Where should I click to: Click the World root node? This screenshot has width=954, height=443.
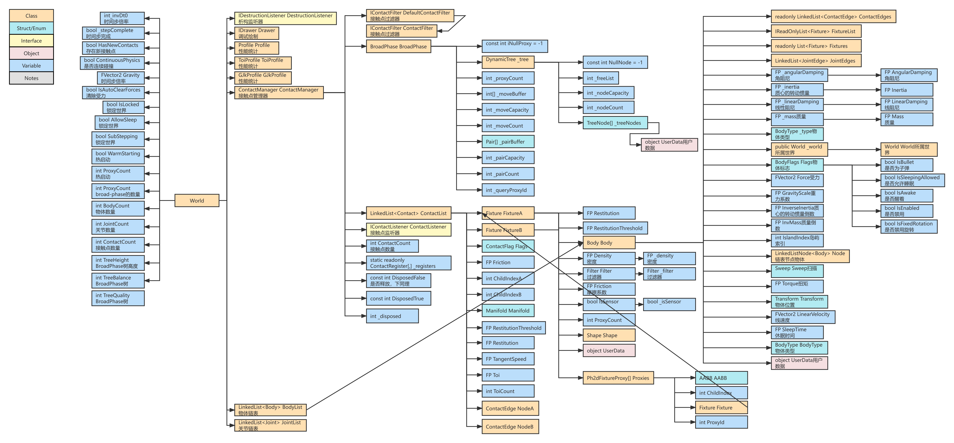point(197,201)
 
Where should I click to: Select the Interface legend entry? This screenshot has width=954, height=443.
point(31,41)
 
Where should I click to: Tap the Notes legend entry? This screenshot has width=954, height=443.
point(31,78)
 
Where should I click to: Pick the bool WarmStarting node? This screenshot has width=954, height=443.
point(118,156)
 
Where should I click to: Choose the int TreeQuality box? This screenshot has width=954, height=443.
point(118,298)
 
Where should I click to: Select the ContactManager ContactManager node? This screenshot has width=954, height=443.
point(278,93)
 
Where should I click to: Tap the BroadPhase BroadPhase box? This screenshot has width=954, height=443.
point(398,47)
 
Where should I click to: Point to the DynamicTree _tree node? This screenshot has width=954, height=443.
point(507,62)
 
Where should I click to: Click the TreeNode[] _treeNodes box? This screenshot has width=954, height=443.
point(615,123)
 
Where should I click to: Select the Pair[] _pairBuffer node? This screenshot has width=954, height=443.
point(507,142)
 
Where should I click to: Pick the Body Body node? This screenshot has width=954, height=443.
point(608,243)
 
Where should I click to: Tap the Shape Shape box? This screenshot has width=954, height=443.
point(608,335)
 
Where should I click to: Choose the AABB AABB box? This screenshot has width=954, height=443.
point(721,378)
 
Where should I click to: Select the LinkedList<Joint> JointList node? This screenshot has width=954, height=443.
point(270,425)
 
